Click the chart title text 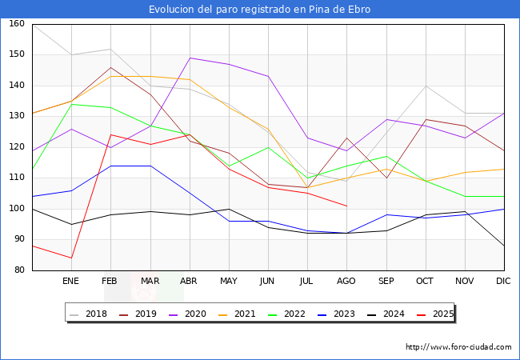(260, 10)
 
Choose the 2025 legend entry (440, 314)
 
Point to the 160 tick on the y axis (16, 24)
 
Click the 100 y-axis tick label (16, 209)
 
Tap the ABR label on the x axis (189, 282)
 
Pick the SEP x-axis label (386, 282)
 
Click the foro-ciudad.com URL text (458, 347)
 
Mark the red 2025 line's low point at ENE (71, 258)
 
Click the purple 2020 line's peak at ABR (190, 58)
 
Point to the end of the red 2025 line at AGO (346, 206)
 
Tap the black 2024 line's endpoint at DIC (504, 246)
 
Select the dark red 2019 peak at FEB (110, 67)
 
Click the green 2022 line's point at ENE (71, 104)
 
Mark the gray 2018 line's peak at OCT (426, 86)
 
